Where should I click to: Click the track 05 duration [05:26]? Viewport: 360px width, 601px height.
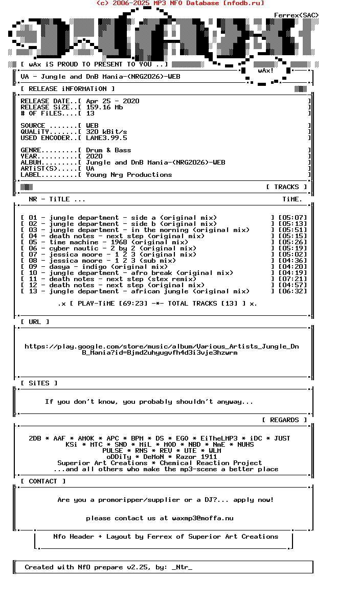pos(292,242)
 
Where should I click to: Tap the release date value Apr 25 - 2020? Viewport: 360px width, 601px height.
pos(112,101)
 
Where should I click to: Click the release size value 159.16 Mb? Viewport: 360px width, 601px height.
pos(104,107)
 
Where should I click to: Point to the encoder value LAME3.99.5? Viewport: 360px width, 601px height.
pos(106,138)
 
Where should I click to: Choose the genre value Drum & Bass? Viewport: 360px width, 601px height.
pos(108,150)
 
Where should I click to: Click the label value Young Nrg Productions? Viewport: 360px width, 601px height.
pos(129,175)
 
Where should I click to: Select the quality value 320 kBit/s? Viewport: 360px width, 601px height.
pos(106,132)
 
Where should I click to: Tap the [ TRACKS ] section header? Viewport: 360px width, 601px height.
pos(286,187)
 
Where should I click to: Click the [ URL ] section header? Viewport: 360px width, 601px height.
pos(35,322)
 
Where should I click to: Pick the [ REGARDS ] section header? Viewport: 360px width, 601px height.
pos(284,420)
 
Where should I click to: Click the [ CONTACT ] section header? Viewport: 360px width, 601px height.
pos(43,481)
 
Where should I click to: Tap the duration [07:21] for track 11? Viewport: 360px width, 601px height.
pos(292,279)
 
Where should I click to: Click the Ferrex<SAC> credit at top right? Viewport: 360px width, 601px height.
pos(297,15)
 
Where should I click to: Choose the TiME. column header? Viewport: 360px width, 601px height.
pos(292,199)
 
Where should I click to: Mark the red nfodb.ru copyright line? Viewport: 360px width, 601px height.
pos(180,3)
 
